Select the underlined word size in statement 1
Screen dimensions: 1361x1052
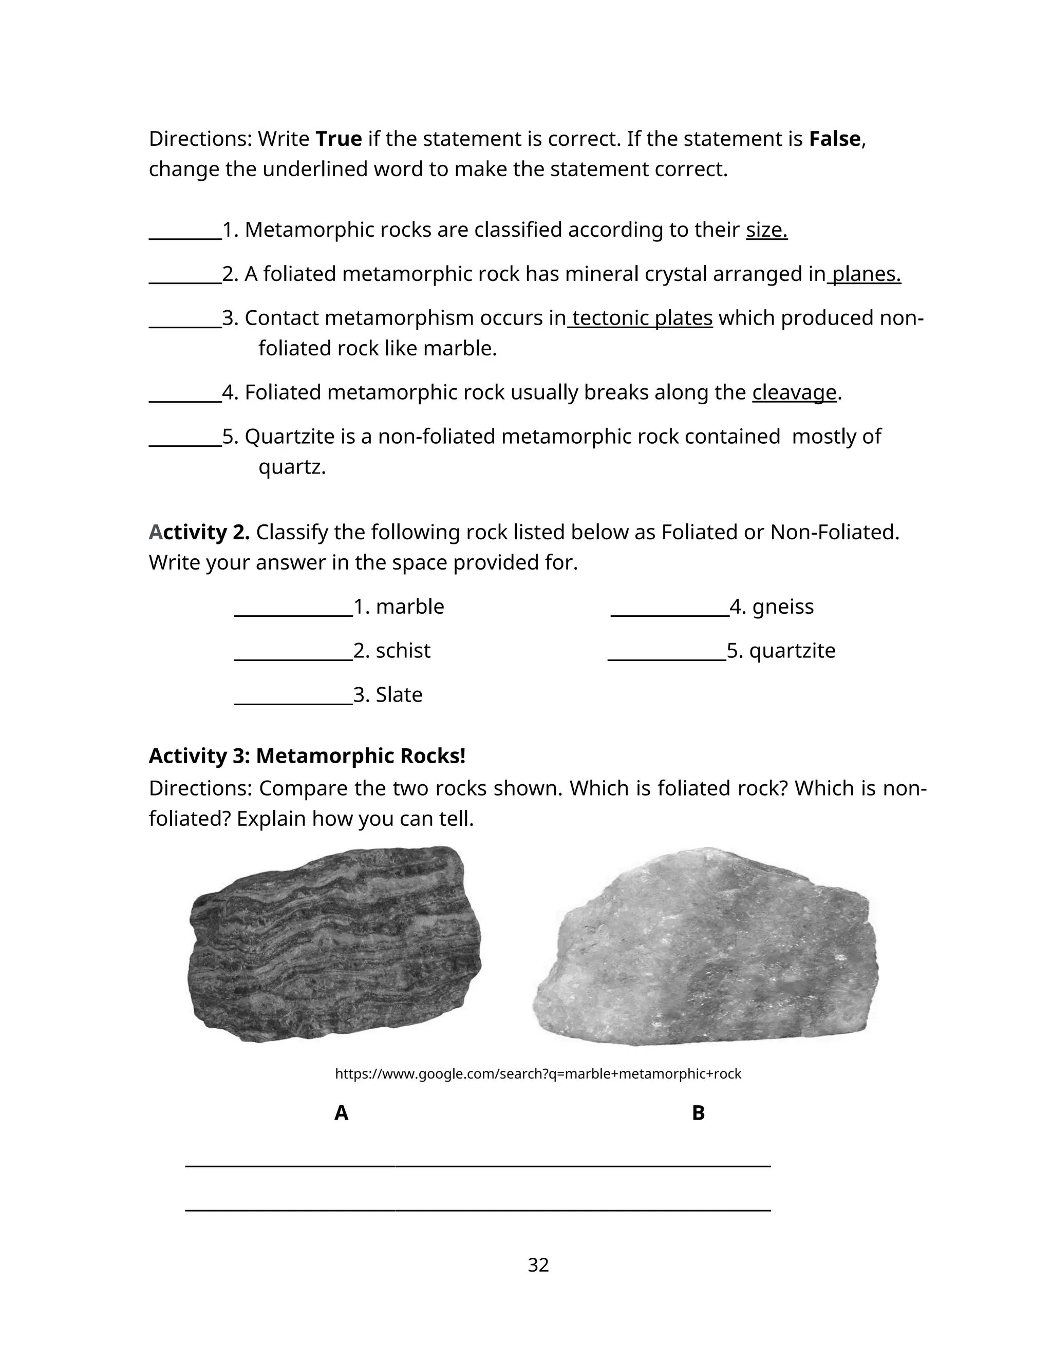point(766,230)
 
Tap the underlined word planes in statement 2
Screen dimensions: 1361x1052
point(866,274)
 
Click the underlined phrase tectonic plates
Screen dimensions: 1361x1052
point(641,318)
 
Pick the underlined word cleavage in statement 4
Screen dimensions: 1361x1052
point(794,392)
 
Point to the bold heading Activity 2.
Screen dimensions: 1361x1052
point(199,532)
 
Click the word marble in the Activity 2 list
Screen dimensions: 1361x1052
point(409,607)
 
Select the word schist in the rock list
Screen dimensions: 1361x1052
point(403,651)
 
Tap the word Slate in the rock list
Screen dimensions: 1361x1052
point(399,694)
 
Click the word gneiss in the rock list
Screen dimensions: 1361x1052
point(783,607)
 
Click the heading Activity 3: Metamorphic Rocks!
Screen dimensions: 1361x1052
point(307,755)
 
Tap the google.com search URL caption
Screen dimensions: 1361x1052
point(538,1074)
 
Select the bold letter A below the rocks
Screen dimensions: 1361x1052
point(341,1112)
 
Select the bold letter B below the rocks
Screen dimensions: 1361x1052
point(698,1112)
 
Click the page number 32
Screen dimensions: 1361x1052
point(538,1264)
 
